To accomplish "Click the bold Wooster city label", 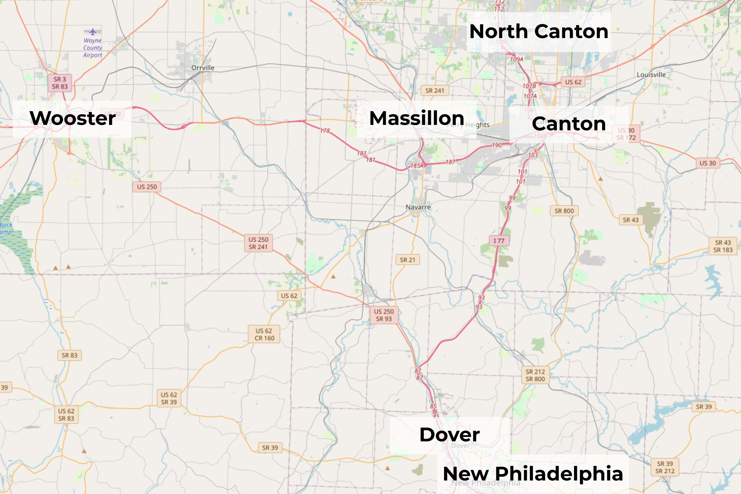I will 73,119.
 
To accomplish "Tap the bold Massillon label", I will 417,119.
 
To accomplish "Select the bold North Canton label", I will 539,32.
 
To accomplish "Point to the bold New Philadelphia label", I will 533,474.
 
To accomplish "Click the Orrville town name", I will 203,68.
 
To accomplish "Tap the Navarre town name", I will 418,207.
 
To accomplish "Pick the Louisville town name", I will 651,75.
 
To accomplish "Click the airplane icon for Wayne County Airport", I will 93,32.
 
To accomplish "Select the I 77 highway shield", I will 499,241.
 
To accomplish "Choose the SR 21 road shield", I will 407,260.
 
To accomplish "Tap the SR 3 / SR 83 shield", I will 60,83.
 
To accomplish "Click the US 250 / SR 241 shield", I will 258,243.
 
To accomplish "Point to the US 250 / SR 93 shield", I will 384,315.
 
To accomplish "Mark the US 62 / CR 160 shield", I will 264,334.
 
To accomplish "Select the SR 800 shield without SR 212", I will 564,211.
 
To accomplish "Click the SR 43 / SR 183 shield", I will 723,246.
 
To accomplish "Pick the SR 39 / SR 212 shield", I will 665,467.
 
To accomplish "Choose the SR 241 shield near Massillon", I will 435,91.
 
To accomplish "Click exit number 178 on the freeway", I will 325,130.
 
